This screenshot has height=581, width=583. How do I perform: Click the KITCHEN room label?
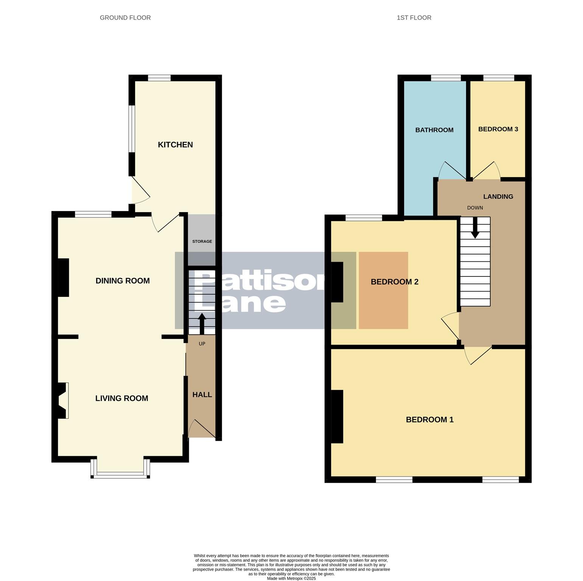coord(175,144)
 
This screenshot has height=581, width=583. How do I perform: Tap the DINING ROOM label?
coord(123,281)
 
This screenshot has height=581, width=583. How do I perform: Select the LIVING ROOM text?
coord(121,398)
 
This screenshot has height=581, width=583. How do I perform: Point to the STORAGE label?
coord(202,241)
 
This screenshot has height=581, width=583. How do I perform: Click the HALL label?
coord(202,395)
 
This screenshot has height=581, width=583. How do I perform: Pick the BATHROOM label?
coord(434,130)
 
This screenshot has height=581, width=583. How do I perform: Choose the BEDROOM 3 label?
coord(498,129)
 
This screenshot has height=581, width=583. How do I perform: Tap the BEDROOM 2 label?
coord(394,282)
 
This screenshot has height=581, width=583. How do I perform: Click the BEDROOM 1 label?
coord(429,419)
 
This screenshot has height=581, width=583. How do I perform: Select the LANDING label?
coord(498,196)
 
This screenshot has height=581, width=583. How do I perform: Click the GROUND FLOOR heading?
coord(125,18)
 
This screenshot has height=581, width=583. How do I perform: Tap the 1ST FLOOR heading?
coord(414,18)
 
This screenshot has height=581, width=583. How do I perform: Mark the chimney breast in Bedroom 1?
coord(337,416)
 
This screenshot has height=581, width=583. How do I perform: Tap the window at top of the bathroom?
coord(446,78)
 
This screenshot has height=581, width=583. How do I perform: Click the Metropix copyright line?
coord(291,578)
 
